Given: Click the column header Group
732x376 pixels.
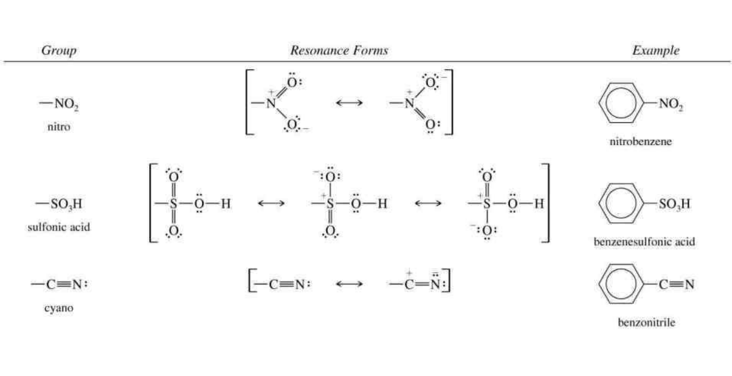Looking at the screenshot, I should click(x=58, y=51).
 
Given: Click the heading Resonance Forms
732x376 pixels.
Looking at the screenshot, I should click(x=339, y=51).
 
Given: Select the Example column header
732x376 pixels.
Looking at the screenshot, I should click(x=656, y=51).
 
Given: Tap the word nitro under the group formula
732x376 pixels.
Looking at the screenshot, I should click(x=59, y=127).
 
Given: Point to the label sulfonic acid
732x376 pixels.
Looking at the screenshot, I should click(x=59, y=227).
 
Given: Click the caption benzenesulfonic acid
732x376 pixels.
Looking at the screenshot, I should click(x=644, y=242).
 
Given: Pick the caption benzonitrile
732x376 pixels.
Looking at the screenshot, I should click(x=647, y=323).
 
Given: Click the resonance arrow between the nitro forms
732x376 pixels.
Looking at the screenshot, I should click(x=349, y=103).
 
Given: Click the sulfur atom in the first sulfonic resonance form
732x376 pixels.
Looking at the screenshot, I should click(x=173, y=204).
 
